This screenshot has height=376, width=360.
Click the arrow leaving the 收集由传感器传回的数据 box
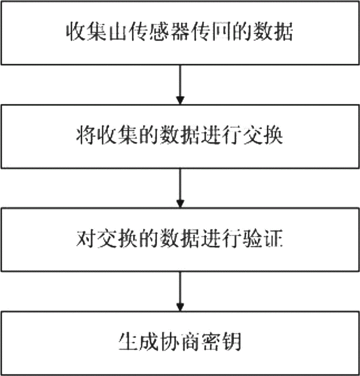click(x=180, y=84)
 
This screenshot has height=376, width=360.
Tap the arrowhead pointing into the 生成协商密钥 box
click(x=180, y=307)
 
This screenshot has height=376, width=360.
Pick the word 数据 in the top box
click(x=274, y=32)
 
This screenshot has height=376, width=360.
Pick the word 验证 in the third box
click(x=263, y=239)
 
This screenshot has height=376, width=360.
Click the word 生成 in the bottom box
click(x=139, y=341)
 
